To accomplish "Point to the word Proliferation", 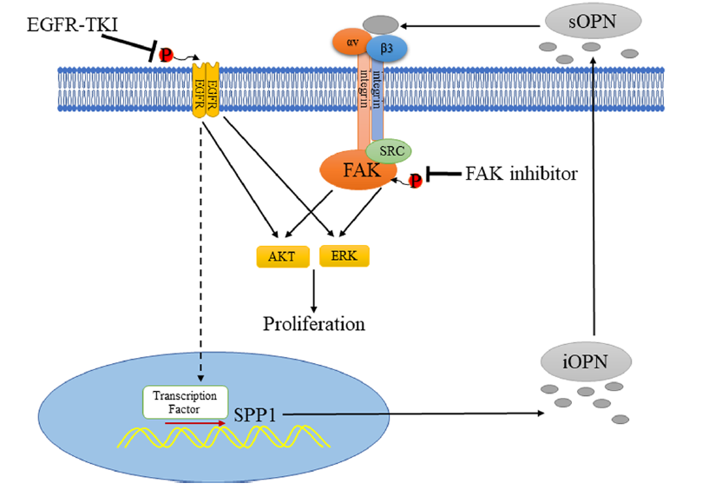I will [313, 324].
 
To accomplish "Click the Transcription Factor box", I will [185, 401].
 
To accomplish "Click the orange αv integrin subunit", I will [351, 41].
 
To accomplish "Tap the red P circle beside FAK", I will [416, 181].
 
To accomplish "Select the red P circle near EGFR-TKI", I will [166, 55].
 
